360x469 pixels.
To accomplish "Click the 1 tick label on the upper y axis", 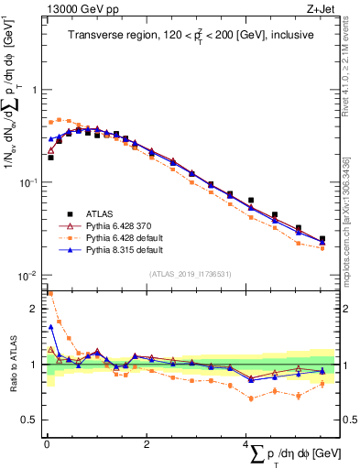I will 33,90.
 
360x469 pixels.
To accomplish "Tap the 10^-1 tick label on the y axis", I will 28,182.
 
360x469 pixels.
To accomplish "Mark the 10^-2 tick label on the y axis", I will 28,276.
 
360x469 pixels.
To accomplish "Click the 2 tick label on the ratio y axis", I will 33,308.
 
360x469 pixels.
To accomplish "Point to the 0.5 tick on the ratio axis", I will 29,420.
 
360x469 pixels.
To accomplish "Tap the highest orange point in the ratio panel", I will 49,294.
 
